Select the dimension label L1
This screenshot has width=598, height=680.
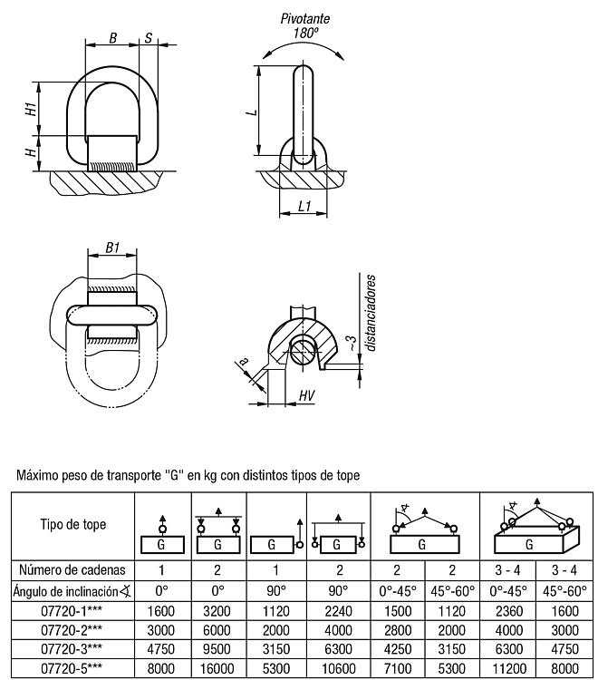304,206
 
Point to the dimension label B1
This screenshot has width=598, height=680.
112,248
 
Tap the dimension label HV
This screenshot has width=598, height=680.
306,395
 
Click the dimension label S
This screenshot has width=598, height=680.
149,38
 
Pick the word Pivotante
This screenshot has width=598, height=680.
305,19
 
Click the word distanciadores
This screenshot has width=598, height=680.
370,312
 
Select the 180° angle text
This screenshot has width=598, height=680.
306,33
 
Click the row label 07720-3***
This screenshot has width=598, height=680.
72,649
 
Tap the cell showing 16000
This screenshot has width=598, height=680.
217,668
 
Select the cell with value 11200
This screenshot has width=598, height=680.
509,668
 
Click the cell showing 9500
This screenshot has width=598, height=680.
217,649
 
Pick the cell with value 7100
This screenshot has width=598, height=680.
398,668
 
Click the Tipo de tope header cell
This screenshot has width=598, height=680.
73,524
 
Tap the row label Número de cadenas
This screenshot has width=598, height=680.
72,570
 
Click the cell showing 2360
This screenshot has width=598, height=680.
509,611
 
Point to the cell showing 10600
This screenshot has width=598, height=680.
339,668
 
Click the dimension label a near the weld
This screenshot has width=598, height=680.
244,361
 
